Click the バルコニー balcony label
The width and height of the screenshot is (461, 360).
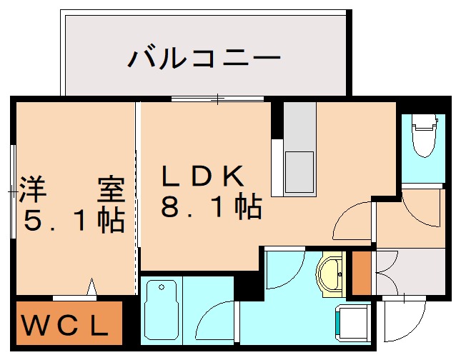204,57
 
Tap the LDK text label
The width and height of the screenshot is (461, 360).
204,175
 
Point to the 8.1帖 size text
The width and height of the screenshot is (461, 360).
210,208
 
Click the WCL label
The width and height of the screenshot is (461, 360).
65,326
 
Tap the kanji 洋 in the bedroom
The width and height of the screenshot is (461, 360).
34,189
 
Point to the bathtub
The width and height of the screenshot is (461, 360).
161,309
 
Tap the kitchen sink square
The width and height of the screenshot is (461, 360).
299,172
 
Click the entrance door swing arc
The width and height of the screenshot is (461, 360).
402,318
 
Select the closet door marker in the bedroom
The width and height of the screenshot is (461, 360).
91,287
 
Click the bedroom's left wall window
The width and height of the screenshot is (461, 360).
13,191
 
